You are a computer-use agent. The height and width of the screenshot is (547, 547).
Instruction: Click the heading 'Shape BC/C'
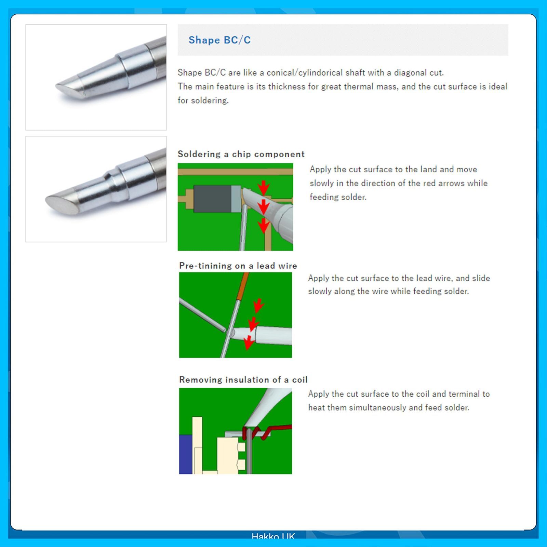click(219, 40)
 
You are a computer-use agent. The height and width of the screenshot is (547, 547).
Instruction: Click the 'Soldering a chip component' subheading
click(241, 154)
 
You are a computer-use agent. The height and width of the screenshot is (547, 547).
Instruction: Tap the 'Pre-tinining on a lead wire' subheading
click(238, 266)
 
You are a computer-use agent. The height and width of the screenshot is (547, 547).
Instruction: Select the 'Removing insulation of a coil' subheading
click(243, 379)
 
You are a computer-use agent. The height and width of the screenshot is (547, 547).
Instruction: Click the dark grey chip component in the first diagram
click(212, 199)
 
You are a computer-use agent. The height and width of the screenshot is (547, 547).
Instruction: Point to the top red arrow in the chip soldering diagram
click(264, 187)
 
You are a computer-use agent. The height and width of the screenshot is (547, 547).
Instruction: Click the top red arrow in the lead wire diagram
click(258, 305)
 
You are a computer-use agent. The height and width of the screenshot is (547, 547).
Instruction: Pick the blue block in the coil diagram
click(186, 454)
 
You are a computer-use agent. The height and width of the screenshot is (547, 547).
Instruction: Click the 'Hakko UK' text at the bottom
click(273, 536)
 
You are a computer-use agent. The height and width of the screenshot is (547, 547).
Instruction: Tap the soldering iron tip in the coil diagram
click(268, 409)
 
